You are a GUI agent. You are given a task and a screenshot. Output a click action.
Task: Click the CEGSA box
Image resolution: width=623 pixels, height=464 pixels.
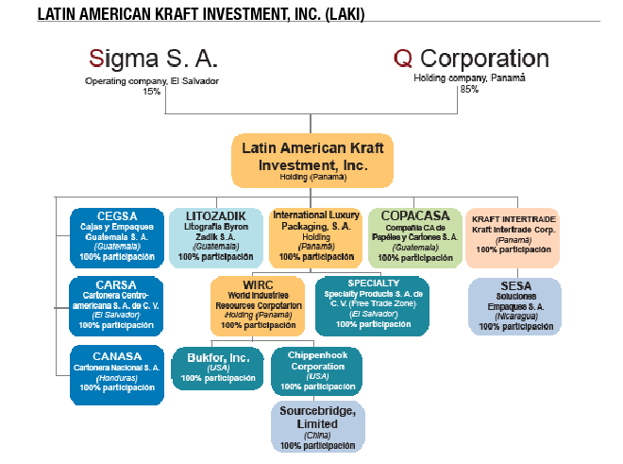[x=116, y=235]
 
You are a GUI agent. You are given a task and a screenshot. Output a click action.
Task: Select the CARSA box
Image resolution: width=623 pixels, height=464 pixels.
[x=116, y=304]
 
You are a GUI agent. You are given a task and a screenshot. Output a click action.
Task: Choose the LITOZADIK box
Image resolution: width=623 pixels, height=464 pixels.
[x=216, y=235]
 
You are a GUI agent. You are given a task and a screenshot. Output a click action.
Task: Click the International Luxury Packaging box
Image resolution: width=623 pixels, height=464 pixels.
[x=315, y=235]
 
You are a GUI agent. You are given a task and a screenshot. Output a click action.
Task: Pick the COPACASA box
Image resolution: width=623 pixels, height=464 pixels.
[x=415, y=235]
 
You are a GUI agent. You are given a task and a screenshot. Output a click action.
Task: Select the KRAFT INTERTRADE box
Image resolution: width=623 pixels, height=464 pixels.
[x=513, y=235]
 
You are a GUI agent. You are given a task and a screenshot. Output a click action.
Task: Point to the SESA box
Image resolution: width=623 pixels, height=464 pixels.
[x=514, y=304]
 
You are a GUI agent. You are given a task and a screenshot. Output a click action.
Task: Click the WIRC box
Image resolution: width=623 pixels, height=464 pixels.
[x=257, y=304]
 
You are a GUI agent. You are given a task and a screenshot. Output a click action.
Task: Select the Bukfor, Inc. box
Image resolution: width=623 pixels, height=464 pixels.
[x=216, y=368]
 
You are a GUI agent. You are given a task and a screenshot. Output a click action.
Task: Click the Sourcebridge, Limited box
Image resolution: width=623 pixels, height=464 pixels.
[x=316, y=425]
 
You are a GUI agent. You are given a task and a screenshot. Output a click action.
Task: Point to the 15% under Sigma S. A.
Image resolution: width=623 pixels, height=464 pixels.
[x=152, y=92]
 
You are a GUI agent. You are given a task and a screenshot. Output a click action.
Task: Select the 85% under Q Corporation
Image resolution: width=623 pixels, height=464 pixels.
[x=468, y=89]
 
